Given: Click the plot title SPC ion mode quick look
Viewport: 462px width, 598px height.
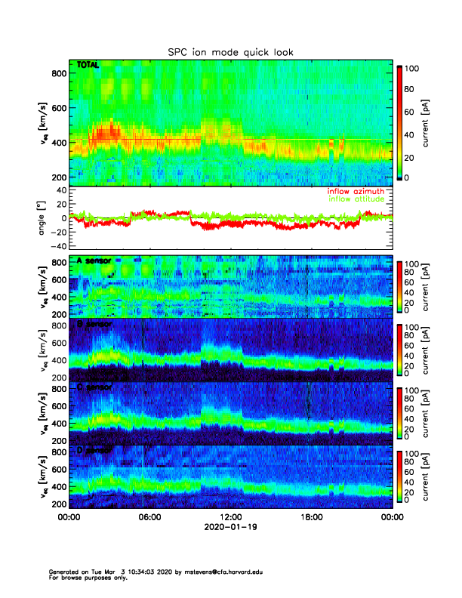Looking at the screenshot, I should coord(230,52).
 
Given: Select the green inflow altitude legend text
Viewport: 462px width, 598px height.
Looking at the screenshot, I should coord(359,199).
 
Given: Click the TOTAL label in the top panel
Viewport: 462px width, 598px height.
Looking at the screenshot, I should coord(88,66).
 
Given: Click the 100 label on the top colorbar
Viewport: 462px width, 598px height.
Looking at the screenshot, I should coord(411,69).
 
